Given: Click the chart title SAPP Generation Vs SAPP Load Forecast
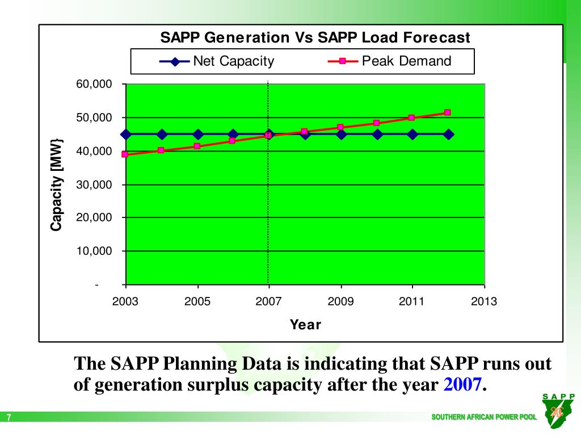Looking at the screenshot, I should (315, 38).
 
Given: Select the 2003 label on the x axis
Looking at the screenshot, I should (125, 301).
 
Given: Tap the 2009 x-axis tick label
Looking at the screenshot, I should (340, 301).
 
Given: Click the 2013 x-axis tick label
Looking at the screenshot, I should (484, 301).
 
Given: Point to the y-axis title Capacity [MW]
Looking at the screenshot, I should (56, 185).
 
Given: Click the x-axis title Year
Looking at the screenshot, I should (305, 325).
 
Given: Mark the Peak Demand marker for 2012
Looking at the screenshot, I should (448, 112).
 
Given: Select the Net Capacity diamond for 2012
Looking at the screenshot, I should (448, 135).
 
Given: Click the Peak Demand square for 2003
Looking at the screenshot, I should (125, 154).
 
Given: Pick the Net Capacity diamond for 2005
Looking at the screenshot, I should (197, 135).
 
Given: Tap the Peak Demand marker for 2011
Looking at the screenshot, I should (412, 118).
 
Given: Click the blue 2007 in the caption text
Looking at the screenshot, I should (462, 385).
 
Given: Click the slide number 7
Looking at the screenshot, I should (9, 418).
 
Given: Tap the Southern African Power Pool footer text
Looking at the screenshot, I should (483, 417).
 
